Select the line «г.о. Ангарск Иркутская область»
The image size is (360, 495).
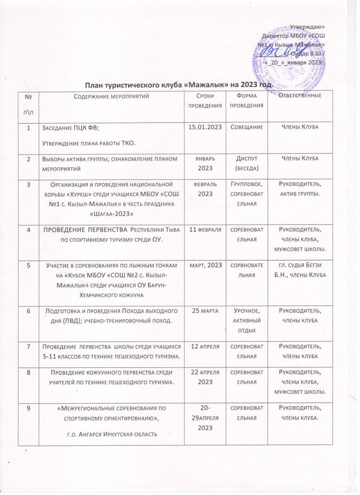click(108, 434)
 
